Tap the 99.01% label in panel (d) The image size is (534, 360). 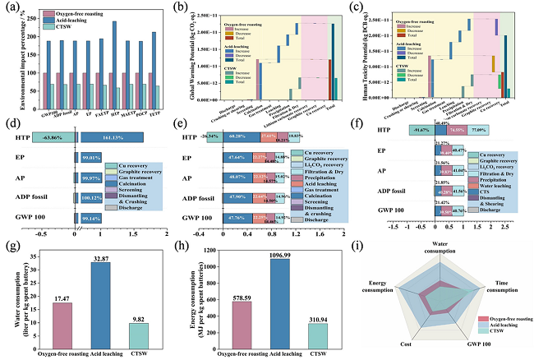89,157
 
